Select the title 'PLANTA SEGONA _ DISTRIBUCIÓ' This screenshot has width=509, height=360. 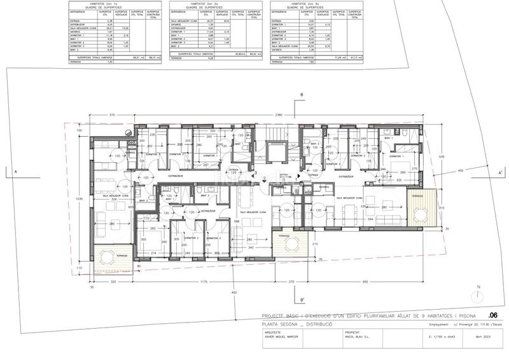pos(298,324)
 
